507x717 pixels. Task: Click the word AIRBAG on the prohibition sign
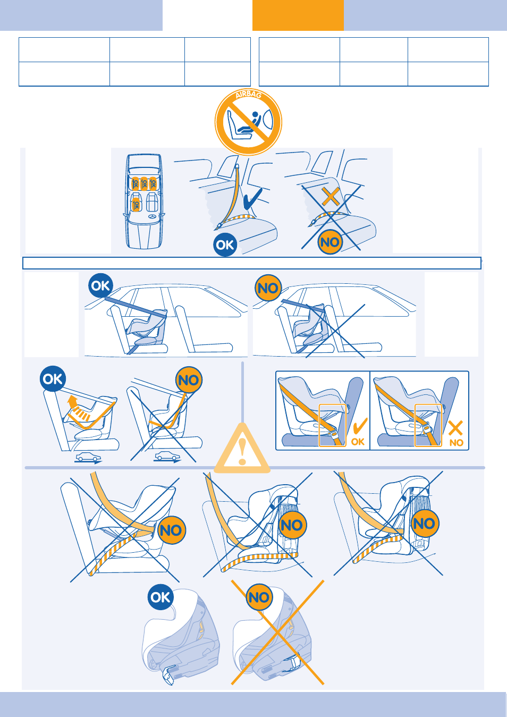[248, 95]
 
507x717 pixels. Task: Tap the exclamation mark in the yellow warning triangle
[242, 451]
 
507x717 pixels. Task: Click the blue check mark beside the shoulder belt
[253, 198]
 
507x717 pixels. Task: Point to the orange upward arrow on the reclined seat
[73, 401]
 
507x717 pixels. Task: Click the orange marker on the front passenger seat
[136, 205]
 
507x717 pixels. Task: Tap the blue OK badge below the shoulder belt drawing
[225, 245]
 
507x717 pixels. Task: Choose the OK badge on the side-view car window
[100, 286]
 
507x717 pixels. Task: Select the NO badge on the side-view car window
[268, 288]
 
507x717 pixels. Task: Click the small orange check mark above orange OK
[360, 426]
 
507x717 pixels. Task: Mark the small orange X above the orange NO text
[455, 428]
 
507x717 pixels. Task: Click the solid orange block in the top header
[298, 15]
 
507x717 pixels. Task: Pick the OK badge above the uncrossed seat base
[160, 597]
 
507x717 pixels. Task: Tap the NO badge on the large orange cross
[259, 597]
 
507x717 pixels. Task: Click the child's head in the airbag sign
[255, 115]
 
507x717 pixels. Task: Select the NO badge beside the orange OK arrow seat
[189, 380]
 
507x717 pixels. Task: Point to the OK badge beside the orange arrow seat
[53, 378]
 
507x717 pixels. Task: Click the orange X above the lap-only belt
[331, 197]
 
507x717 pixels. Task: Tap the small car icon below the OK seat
[87, 457]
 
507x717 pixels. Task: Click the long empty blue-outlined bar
[251, 263]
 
